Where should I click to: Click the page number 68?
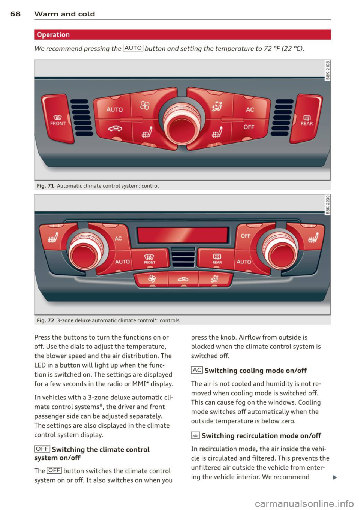[15, 14]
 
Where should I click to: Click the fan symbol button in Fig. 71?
[145, 106]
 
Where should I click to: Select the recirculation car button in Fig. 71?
[115, 129]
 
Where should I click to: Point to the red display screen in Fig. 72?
[183, 235]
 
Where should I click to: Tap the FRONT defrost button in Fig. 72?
[149, 259]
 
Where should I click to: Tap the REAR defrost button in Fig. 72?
[217, 259]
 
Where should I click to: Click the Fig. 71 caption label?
[45, 186]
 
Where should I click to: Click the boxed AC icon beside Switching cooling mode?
[197, 371]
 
